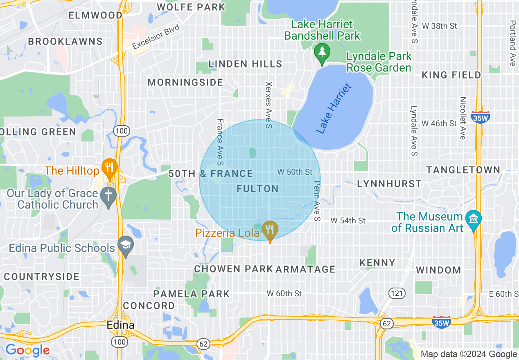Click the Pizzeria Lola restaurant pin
pyautogui.click(x=270, y=230)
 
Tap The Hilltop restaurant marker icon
pyautogui.click(x=109, y=168)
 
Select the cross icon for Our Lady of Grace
pyautogui.click(x=108, y=196)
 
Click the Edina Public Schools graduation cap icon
pyautogui.click(x=126, y=245)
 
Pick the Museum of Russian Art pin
pyautogui.click(x=474, y=219)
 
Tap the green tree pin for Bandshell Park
pyautogui.click(x=322, y=52)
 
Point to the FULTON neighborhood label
pyautogui.click(x=258, y=189)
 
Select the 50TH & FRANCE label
pyautogui.click(x=211, y=174)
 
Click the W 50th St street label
pyautogui.click(x=295, y=172)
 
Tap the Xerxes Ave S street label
pyautogui.click(x=269, y=105)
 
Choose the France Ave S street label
pyautogui.click(x=220, y=142)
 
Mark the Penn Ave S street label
pyautogui.click(x=316, y=201)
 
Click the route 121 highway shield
pyautogui.click(x=397, y=293)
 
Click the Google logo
pyautogui.click(x=27, y=350)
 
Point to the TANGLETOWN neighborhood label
pyautogui.click(x=463, y=170)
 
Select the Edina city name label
pyautogui.click(x=120, y=325)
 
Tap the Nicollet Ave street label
pyautogui.click(x=463, y=118)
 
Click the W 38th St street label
pyautogui.click(x=439, y=26)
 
